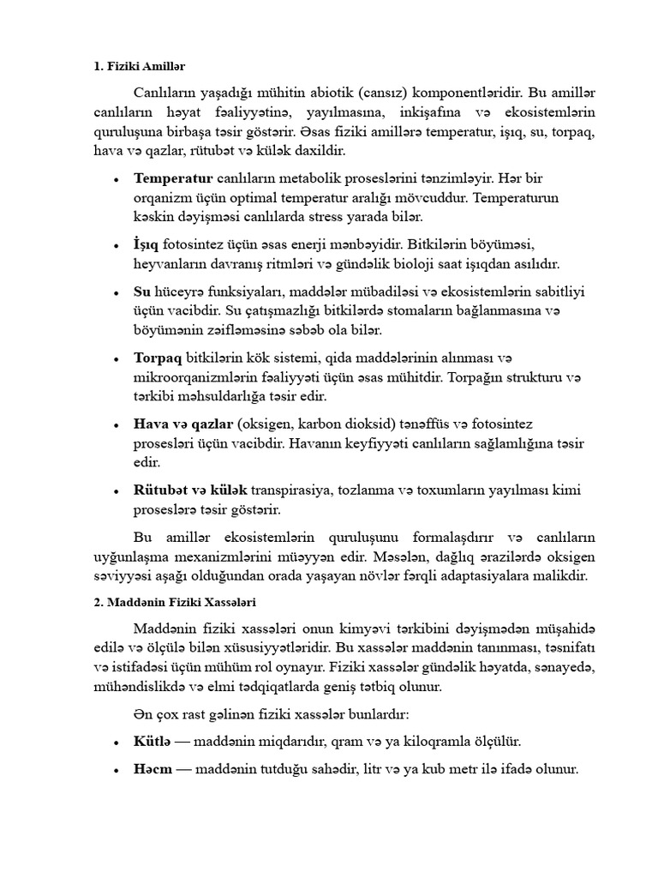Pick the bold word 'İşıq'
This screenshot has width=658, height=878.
coord(146,245)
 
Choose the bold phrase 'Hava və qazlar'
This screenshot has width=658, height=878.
coord(183,424)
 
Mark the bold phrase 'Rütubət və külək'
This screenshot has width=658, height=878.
coord(190,490)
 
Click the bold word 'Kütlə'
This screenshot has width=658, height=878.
coord(153,741)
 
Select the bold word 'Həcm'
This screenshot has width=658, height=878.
coord(153,770)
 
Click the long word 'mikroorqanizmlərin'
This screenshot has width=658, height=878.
coord(193,377)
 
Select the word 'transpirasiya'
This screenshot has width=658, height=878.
coord(296,490)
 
